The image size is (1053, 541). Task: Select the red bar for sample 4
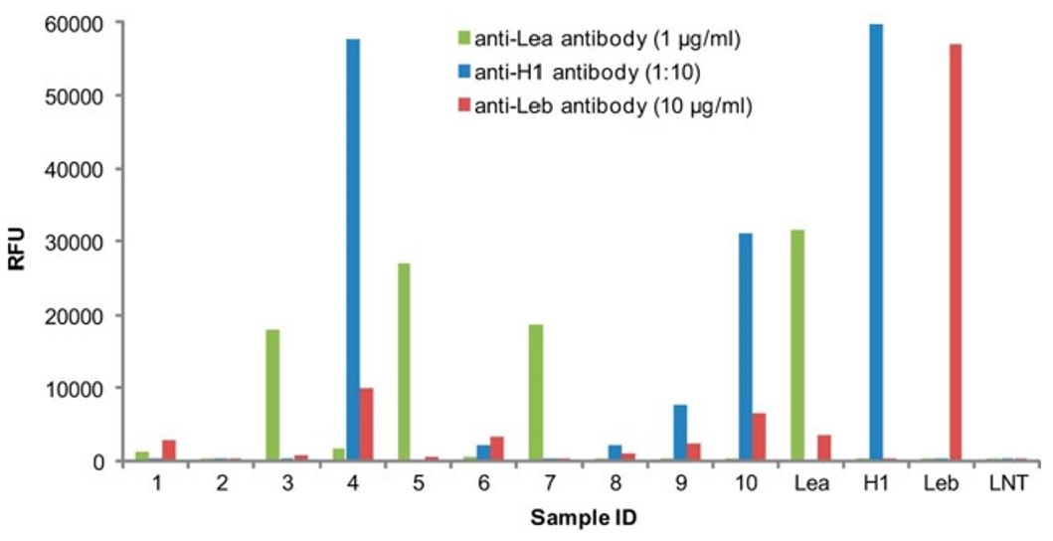coord(366,425)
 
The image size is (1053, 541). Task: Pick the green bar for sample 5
coord(404,362)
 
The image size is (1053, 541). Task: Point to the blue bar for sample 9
coord(680,433)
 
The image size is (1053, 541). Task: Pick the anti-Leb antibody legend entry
coord(598,106)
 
